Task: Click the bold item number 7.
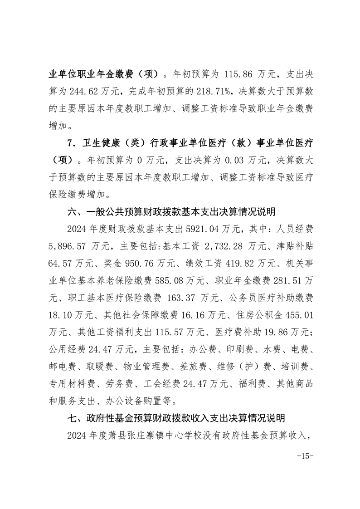71,143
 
